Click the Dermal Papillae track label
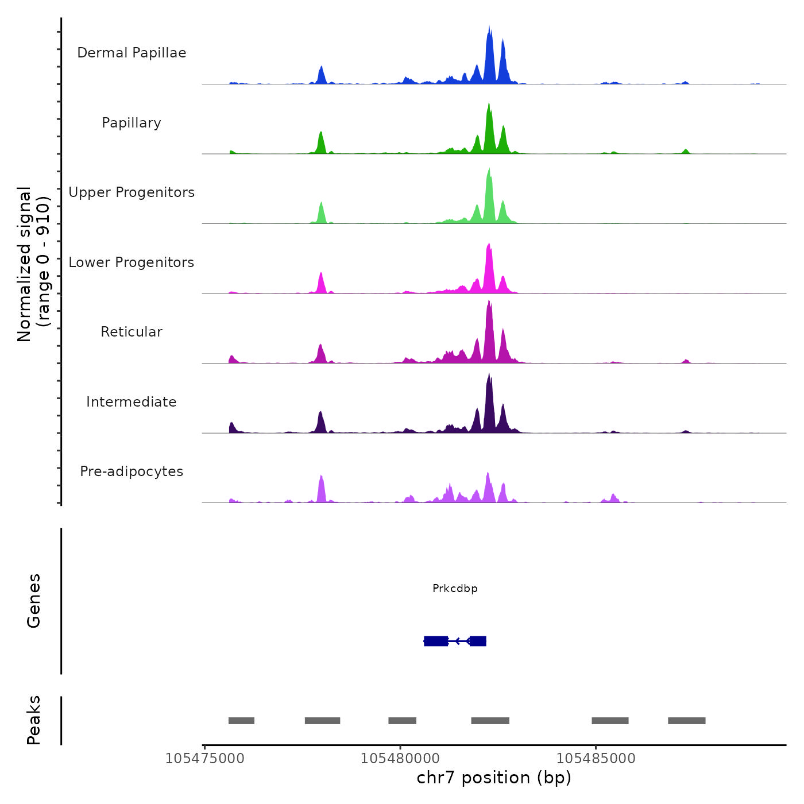coord(132,53)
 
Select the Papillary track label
coord(132,123)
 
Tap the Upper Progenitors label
coord(132,192)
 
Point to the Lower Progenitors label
coord(132,262)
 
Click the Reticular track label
coord(132,332)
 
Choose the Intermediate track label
coord(132,402)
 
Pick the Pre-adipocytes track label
coord(132,471)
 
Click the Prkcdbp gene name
coord(455,588)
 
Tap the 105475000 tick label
coord(204,759)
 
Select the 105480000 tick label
coord(400,759)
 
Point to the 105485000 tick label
coord(596,759)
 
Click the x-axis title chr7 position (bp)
coord(494,778)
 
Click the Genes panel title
coord(34,601)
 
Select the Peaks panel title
coord(34,720)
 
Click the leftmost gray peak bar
coord(241,721)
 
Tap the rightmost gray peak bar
coord(686,721)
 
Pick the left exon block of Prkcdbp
coord(436,641)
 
